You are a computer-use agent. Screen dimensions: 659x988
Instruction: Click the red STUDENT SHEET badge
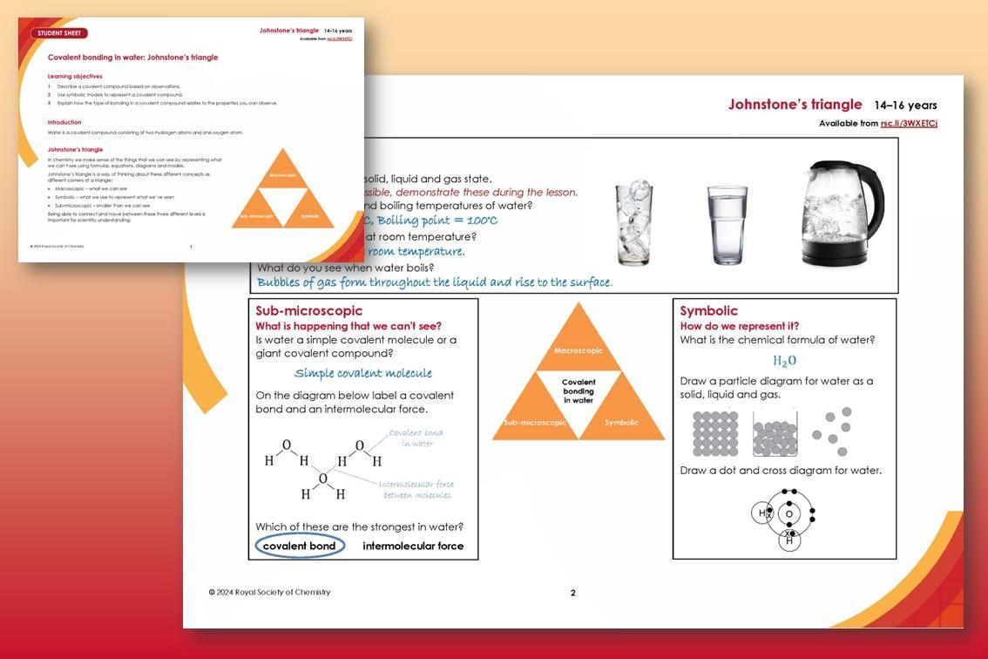pyautogui.click(x=59, y=33)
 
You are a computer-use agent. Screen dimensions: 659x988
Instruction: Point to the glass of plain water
pyautogui.click(x=727, y=224)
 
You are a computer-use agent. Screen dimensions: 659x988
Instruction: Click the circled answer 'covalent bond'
pyautogui.click(x=300, y=546)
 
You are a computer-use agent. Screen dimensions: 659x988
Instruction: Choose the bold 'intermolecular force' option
pyautogui.click(x=413, y=546)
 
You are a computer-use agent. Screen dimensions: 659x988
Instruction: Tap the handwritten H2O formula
pyautogui.click(x=784, y=360)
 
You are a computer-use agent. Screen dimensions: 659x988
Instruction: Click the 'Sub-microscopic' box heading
pyautogui.click(x=309, y=310)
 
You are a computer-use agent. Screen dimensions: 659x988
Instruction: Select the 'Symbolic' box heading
pyautogui.click(x=708, y=310)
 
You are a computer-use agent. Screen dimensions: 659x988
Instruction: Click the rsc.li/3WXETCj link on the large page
pyautogui.click(x=909, y=123)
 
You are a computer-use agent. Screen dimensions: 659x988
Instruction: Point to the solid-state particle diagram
pyautogui.click(x=715, y=433)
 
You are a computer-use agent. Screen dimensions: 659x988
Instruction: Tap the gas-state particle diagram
pyautogui.click(x=832, y=431)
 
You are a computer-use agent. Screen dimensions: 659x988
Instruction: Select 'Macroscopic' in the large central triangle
pyautogui.click(x=579, y=350)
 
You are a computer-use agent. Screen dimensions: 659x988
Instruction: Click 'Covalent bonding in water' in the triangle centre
pyautogui.click(x=579, y=391)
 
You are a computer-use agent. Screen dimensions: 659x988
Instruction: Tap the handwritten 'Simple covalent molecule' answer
pyautogui.click(x=363, y=373)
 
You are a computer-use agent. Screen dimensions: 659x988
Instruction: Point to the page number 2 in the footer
pyautogui.click(x=572, y=593)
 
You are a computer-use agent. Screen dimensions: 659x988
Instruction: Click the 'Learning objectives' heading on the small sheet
pyautogui.click(x=75, y=77)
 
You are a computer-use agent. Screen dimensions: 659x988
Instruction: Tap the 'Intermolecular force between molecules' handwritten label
pyautogui.click(x=416, y=490)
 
